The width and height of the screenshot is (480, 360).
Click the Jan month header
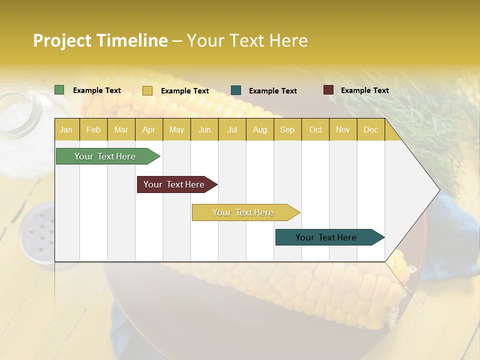tap(66, 129)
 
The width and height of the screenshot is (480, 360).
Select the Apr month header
tap(149, 129)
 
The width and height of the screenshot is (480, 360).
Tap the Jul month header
tap(232, 129)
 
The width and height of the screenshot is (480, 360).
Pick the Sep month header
tap(287, 129)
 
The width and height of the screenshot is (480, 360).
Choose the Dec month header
tap(370, 129)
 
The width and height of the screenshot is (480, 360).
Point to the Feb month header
tap(93, 129)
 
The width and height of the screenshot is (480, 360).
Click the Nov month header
tap(342, 129)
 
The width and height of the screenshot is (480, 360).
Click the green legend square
tap(59, 90)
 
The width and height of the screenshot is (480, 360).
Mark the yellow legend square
tap(147, 90)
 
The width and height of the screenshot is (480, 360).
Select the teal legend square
tap(236, 90)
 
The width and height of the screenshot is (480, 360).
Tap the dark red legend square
tap(328, 90)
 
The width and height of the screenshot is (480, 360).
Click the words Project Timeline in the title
tap(100, 40)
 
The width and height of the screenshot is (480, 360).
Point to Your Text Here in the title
tap(247, 40)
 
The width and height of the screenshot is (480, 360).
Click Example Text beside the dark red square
tap(364, 90)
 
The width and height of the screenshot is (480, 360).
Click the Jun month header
tap(204, 129)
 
